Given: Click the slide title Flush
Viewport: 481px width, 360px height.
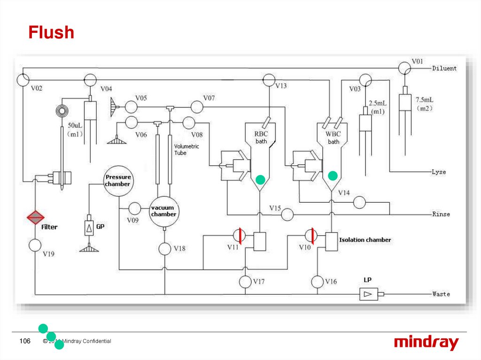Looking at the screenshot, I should tap(51, 33).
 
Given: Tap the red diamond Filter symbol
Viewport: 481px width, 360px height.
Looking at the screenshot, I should tap(35, 217).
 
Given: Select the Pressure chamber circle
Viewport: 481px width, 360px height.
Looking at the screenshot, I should tap(118, 180).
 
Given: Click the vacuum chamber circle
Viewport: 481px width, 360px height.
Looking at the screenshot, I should tap(163, 211).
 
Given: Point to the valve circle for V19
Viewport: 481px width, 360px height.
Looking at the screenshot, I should tap(35, 245).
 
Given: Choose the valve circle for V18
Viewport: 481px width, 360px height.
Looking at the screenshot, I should tap(165, 248).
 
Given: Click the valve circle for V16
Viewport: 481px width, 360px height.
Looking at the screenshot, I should tap(318, 282).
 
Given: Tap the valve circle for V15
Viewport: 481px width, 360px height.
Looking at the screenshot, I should tap(287, 214).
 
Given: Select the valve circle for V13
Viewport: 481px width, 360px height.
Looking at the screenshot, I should tap(269, 80).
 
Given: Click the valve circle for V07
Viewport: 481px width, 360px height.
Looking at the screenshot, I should tap(197, 107).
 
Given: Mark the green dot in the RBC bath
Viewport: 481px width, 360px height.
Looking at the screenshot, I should tap(260, 179).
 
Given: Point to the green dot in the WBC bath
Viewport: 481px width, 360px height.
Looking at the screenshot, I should tap(333, 176).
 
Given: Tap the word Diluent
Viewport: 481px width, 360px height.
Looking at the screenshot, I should tap(444, 69).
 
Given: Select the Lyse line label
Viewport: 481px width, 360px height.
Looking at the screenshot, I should tap(439, 172).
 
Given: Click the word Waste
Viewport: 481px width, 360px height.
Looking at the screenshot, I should tap(441, 294).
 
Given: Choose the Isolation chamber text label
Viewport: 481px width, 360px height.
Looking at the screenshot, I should tap(365, 240).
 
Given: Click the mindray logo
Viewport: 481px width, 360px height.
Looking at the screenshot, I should tap(426, 343).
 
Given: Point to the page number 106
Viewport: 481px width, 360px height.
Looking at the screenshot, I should tap(24, 341).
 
